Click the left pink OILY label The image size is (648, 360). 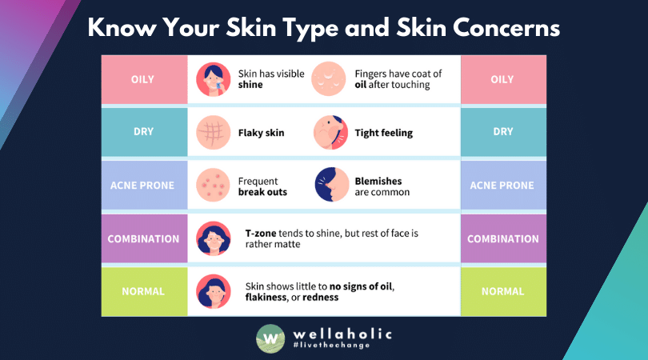coord(143,79)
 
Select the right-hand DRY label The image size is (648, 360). coord(503,132)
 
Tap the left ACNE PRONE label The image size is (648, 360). coord(143,185)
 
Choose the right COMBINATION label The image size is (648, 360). coord(503,238)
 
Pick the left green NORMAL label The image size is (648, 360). coord(143,291)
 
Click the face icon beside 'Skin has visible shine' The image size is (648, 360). coord(213,79)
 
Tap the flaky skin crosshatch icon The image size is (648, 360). coord(213,132)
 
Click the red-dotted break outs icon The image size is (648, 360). coord(213,186)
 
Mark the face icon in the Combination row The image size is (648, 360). coord(213,238)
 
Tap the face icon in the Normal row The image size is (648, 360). coord(213,291)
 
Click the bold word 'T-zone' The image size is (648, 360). coord(262,233)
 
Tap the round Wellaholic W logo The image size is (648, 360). coord(270,338)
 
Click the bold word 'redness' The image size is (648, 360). coord(319,297)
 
